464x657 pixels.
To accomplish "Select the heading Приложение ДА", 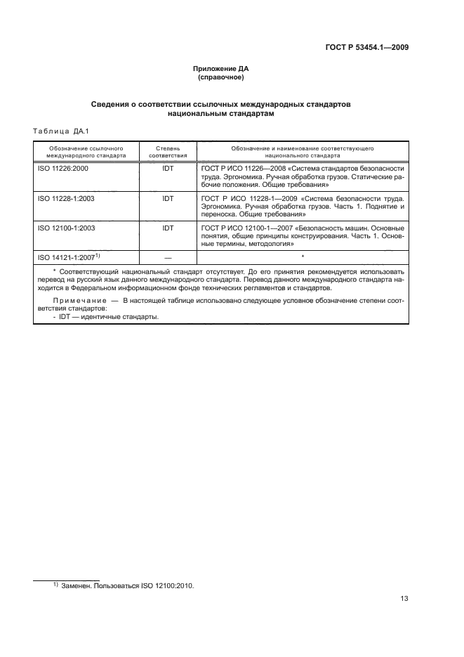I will coord(221,69).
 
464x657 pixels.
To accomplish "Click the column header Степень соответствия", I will coord(167,152).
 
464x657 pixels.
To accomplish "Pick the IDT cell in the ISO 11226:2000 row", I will coord(167,169).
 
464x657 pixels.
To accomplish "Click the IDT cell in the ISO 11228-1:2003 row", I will coord(167,199).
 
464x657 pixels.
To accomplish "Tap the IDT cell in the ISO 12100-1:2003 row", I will coord(167,228).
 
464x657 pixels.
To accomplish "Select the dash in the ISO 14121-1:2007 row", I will coord(167,258).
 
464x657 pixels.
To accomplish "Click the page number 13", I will coord(404,599).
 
